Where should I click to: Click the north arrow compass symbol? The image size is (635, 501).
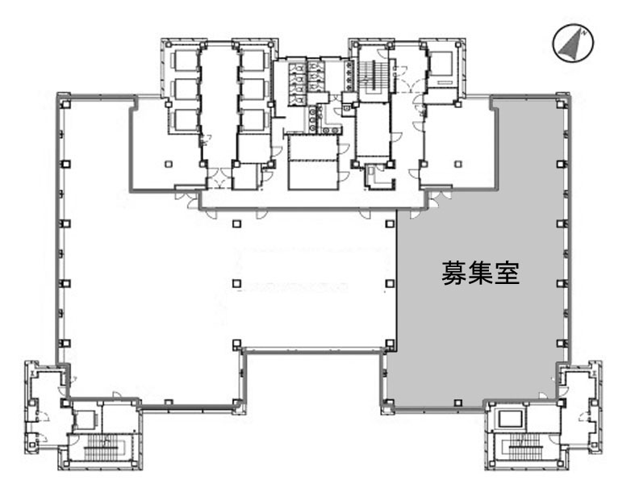tap(573, 44)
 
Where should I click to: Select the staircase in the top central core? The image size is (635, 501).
tap(372, 77)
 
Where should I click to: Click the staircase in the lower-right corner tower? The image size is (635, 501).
tap(524, 445)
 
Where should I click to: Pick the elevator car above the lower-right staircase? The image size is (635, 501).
tap(510, 418)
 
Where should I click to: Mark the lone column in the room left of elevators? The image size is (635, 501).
tap(168, 164)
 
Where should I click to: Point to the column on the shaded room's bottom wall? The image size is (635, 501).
tap(457, 402)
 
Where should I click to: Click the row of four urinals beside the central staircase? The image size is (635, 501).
tap(349, 73)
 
